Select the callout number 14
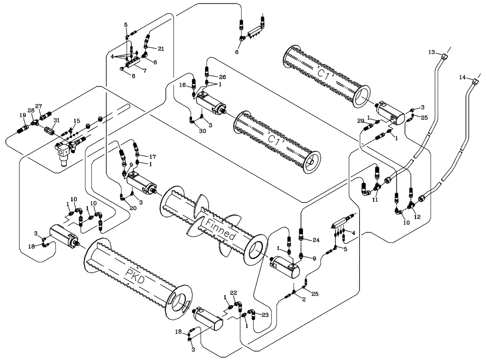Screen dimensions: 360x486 pyautogui.click(x=463, y=77)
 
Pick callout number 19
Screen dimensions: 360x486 pyautogui.click(x=22, y=115)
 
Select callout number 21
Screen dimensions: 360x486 pyautogui.click(x=161, y=48)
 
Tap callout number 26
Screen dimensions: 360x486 pyautogui.click(x=222, y=76)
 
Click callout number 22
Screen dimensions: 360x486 pyautogui.click(x=233, y=292)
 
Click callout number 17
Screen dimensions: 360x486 pyautogui.click(x=153, y=157)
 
